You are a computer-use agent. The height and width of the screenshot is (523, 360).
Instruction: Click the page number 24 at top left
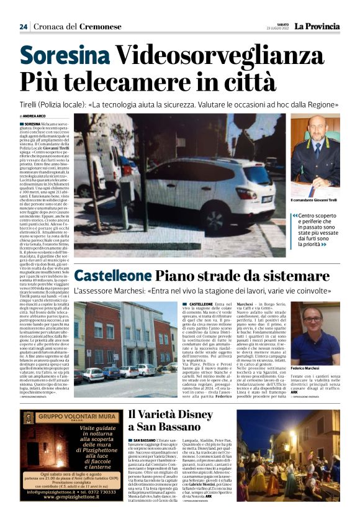(x=23, y=27)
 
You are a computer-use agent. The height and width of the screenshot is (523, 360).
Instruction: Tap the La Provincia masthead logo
(x=317, y=26)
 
